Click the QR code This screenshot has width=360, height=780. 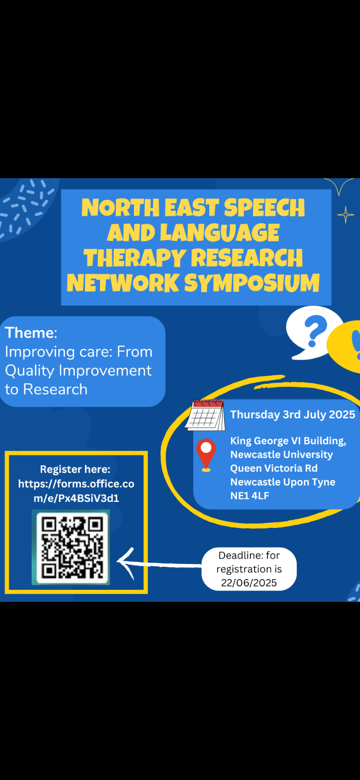click(x=73, y=547)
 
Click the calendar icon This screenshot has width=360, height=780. click(x=205, y=415)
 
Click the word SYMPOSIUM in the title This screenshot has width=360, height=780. click(x=252, y=283)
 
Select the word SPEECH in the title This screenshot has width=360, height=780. click(x=264, y=208)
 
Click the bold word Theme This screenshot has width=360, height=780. click(x=30, y=333)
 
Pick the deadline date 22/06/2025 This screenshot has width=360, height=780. click(x=249, y=583)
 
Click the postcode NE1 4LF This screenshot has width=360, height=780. click(x=250, y=496)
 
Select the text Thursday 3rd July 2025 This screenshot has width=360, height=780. click(x=292, y=414)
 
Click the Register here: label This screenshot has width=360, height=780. click(x=75, y=469)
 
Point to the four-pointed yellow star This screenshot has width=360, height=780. click(x=346, y=215)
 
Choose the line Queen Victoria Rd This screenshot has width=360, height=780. click(x=274, y=468)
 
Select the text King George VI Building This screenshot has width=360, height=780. click(x=288, y=441)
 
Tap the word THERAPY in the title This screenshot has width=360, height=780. click(x=134, y=258)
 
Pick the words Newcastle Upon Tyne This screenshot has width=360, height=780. click(x=283, y=482)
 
